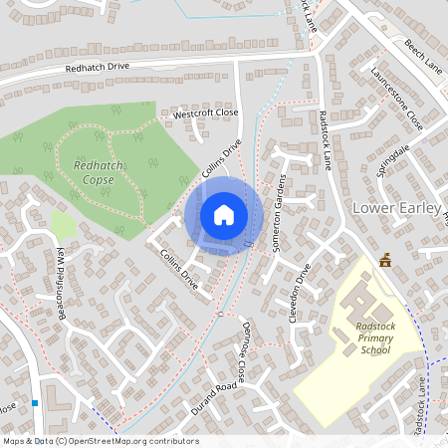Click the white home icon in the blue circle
click(224, 214)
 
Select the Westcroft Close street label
click(206, 114)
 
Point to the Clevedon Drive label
click(308, 289)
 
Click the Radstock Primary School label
click(374, 337)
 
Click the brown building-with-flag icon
click(385, 260)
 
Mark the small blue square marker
click(35, 403)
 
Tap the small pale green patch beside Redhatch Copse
click(62, 224)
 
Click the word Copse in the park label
click(98, 179)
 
